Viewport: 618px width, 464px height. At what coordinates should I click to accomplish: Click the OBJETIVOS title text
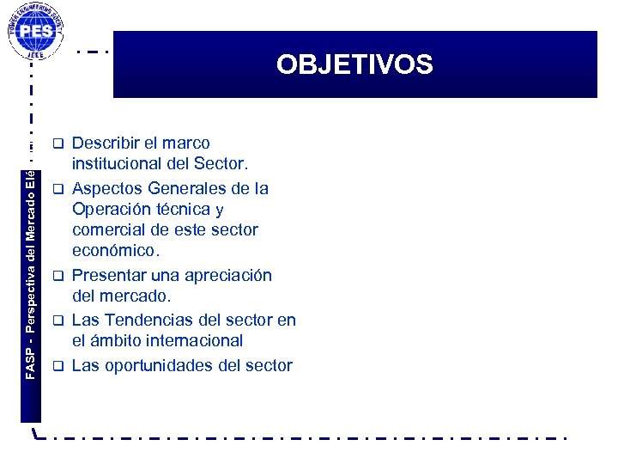click(x=354, y=64)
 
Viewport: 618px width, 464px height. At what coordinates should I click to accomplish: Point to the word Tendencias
click(x=147, y=320)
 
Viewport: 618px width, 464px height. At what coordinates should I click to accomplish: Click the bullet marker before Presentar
click(x=58, y=275)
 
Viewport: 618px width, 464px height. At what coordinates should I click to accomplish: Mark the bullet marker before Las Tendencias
click(x=58, y=320)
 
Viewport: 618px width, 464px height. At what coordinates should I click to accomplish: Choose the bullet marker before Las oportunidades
click(x=58, y=365)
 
